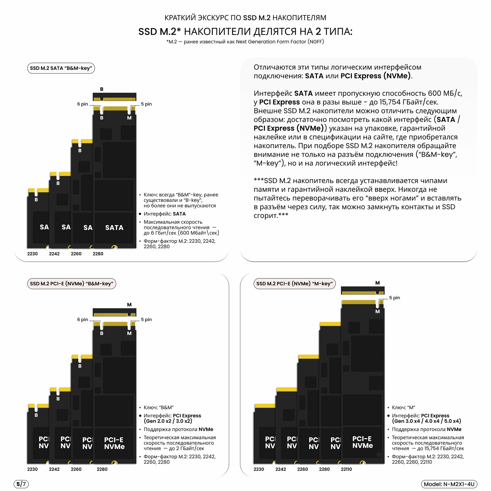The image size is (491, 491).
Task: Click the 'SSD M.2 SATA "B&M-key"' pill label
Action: coord(61,68)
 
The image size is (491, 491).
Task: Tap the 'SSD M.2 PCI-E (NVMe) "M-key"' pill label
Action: coord(294,284)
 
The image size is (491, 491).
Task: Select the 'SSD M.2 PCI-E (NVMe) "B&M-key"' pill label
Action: coord(71,284)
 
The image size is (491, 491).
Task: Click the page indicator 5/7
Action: coord(21,484)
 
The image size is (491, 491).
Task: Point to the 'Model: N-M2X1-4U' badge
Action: coord(449,484)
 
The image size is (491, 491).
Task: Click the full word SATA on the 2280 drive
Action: coord(114,228)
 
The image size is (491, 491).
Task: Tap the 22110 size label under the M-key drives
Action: coord(346,469)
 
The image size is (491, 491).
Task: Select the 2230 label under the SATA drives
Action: coord(32,254)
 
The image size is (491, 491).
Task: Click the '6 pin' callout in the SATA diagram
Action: coord(82,104)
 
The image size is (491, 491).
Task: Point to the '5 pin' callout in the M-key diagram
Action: coord(395,298)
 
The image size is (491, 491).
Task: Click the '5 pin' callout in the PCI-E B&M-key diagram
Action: coord(146,319)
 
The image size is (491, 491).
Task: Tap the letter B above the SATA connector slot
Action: coord(102,89)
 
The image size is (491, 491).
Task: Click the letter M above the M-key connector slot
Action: coord(377,283)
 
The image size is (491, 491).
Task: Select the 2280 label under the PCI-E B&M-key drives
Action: coord(102,469)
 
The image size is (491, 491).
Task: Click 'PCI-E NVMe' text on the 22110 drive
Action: coord(362,442)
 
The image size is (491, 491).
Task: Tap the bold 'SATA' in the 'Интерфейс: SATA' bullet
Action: coord(179,214)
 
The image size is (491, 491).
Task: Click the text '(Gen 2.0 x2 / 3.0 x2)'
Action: coord(168,421)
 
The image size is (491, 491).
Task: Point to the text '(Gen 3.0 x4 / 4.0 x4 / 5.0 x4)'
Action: coord(426,421)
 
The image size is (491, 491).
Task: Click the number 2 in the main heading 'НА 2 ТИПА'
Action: coord(318,31)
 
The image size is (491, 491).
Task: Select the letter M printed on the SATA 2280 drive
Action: coord(129,118)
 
